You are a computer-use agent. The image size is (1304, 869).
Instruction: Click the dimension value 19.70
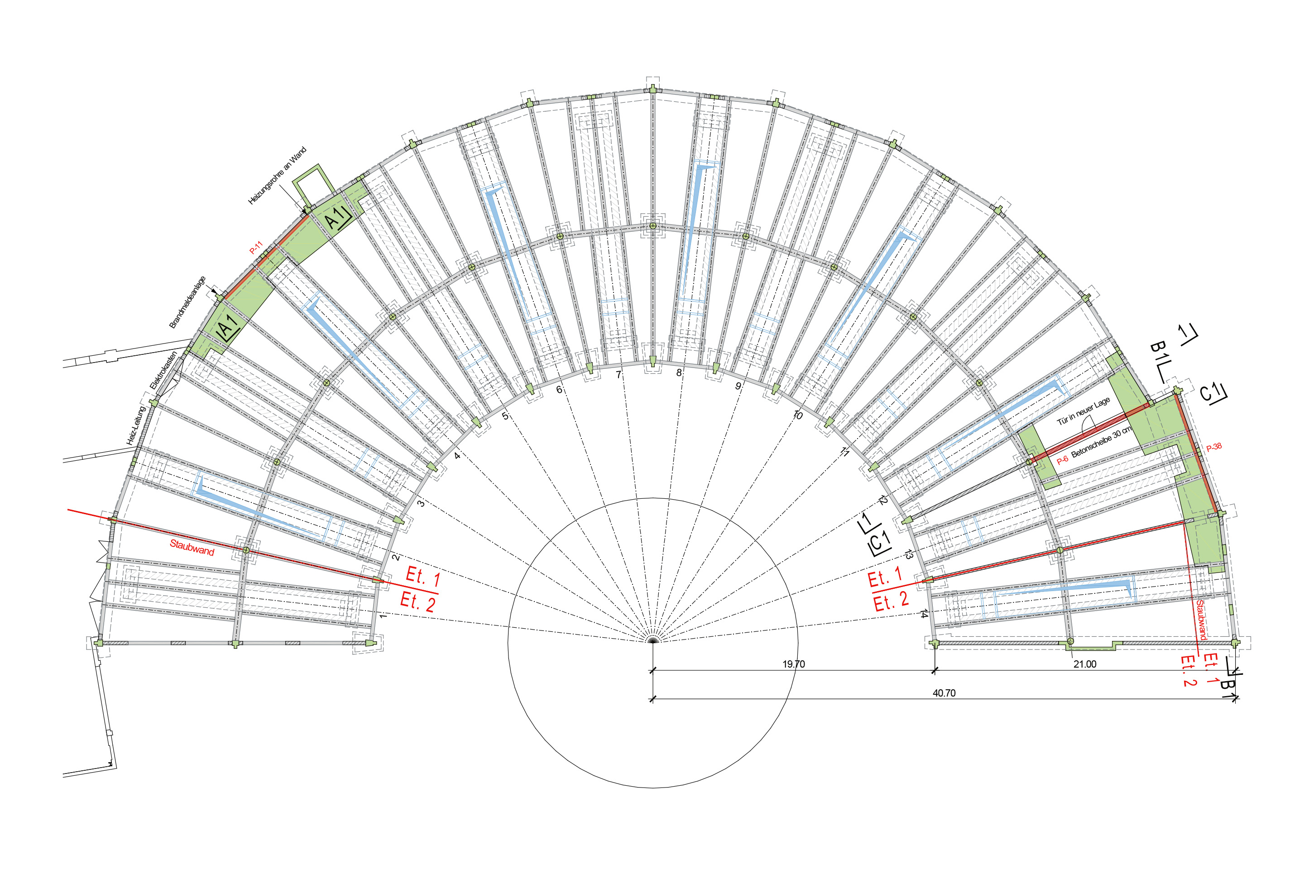[x=793, y=664]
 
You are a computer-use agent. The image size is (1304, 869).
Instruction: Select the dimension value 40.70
[x=944, y=693]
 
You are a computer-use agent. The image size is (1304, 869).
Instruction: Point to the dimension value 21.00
[x=1084, y=664]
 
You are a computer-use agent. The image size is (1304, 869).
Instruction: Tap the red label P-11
[x=256, y=248]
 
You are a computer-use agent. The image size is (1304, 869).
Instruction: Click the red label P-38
[x=1213, y=447]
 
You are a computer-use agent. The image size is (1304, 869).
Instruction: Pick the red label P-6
[x=1062, y=460]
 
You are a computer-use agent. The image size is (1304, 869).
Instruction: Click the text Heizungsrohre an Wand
[x=277, y=176]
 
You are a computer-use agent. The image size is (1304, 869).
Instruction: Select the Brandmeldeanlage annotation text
[x=187, y=302]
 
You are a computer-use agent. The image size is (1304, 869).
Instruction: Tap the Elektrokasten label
[x=163, y=370]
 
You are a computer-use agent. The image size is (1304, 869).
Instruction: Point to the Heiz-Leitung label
[x=135, y=425]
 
